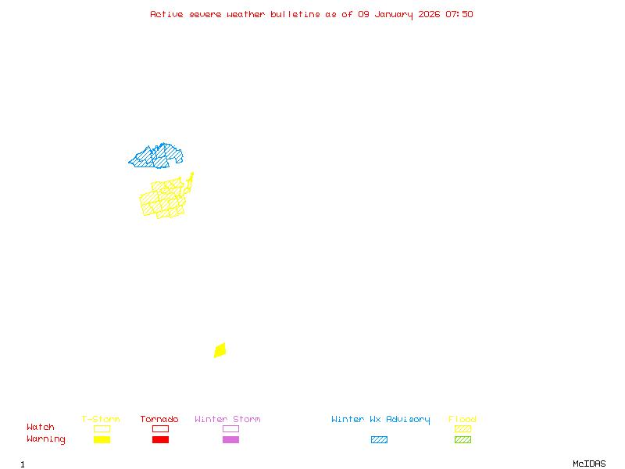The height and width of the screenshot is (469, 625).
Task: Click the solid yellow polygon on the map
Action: click(x=220, y=350)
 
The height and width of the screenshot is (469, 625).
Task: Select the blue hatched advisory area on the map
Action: click(x=155, y=157)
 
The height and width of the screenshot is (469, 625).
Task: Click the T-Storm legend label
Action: click(x=101, y=420)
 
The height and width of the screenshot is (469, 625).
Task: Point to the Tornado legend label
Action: click(x=159, y=420)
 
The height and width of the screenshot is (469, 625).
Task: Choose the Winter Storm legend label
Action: click(x=227, y=420)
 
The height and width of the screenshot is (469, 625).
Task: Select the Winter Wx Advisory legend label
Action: click(x=380, y=420)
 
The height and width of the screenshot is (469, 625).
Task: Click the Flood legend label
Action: click(x=462, y=420)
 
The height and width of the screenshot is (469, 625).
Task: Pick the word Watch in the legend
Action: click(x=41, y=428)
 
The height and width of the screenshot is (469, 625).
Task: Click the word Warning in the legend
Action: click(x=46, y=439)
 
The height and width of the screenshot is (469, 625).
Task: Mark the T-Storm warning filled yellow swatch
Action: click(x=102, y=440)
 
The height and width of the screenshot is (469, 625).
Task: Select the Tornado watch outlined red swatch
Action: click(x=160, y=428)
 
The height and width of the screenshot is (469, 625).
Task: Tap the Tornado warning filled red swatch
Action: click(x=160, y=440)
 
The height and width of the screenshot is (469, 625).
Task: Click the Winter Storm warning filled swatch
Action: click(x=230, y=440)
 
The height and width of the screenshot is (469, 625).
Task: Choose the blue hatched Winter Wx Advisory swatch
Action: click(x=379, y=440)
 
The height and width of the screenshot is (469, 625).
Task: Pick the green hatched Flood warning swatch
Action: click(x=462, y=440)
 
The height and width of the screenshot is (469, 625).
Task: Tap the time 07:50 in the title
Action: click(x=459, y=14)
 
